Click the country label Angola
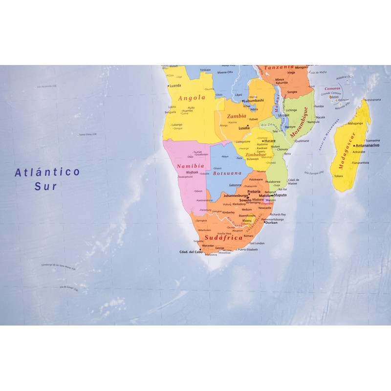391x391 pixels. [x=191, y=98]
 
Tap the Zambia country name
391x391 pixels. [x=237, y=116]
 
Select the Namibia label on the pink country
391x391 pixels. [x=187, y=166]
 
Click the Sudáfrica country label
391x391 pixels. [x=223, y=238]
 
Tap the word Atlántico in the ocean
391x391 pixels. [x=47, y=172]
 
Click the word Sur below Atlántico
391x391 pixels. [x=46, y=186]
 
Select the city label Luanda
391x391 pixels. [x=175, y=98]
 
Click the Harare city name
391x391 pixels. [x=270, y=141]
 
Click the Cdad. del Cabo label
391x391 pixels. [x=191, y=252]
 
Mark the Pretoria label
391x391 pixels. [x=254, y=192]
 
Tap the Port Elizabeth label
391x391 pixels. [x=247, y=249]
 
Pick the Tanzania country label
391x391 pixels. [x=279, y=67]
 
